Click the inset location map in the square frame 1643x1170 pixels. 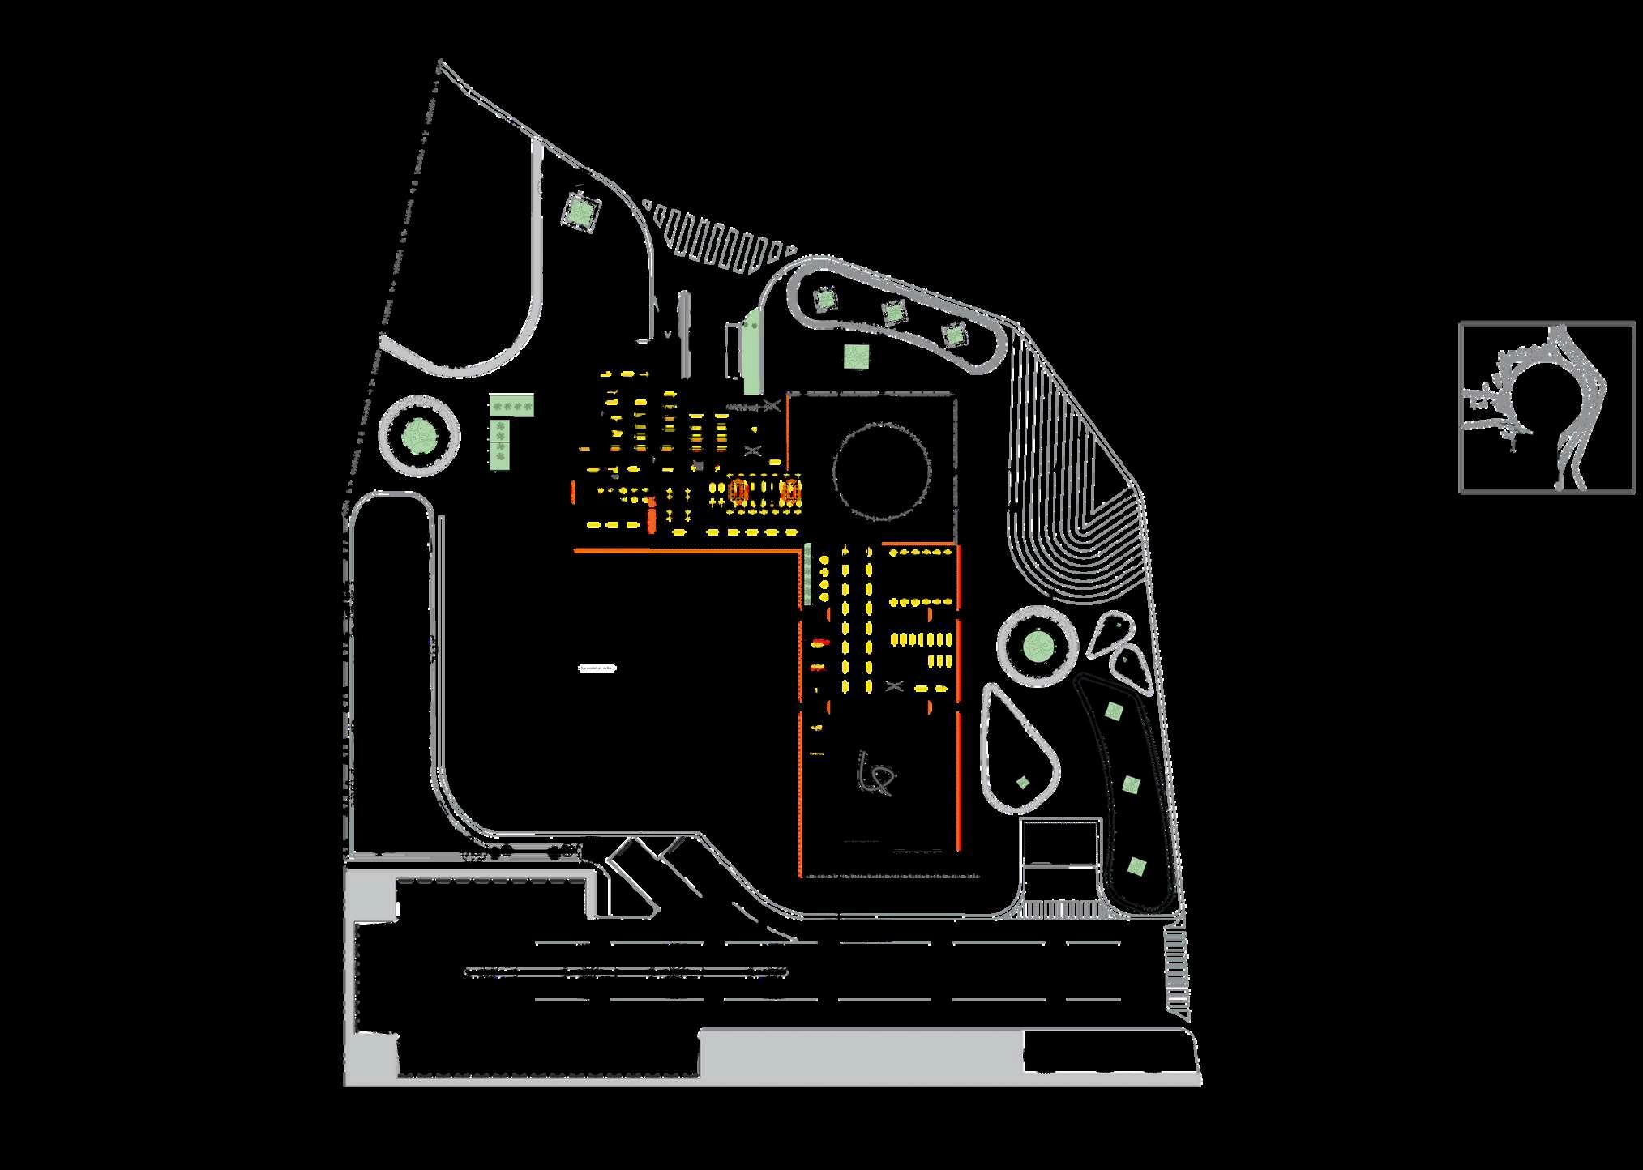(x=1547, y=408)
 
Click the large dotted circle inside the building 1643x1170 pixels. (x=882, y=472)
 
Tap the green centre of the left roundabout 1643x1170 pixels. (x=419, y=436)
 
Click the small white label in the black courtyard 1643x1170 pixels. (x=597, y=668)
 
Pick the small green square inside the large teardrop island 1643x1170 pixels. (x=1023, y=782)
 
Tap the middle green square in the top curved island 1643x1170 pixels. (x=893, y=312)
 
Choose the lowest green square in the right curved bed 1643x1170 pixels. (x=1136, y=866)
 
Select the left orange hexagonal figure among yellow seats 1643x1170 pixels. (x=738, y=490)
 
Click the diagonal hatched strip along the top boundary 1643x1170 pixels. (x=717, y=237)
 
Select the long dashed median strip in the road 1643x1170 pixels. (x=626, y=971)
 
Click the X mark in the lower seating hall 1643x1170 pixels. (x=894, y=685)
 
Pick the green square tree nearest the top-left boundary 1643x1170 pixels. (x=580, y=211)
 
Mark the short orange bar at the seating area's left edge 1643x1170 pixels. (x=574, y=491)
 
